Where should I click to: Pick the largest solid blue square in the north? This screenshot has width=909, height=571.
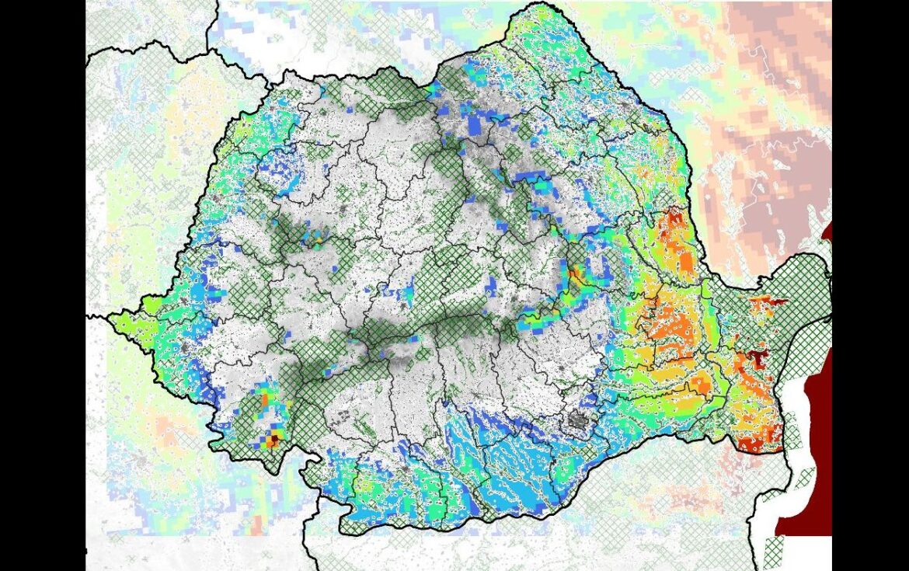[x=475, y=124]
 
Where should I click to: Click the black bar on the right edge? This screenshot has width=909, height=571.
[x=870, y=285]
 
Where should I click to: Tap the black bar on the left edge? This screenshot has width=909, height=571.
[x=42, y=285]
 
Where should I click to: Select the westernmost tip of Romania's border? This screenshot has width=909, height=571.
[x=114, y=316]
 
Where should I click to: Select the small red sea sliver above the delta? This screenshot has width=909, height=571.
[x=827, y=233]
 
